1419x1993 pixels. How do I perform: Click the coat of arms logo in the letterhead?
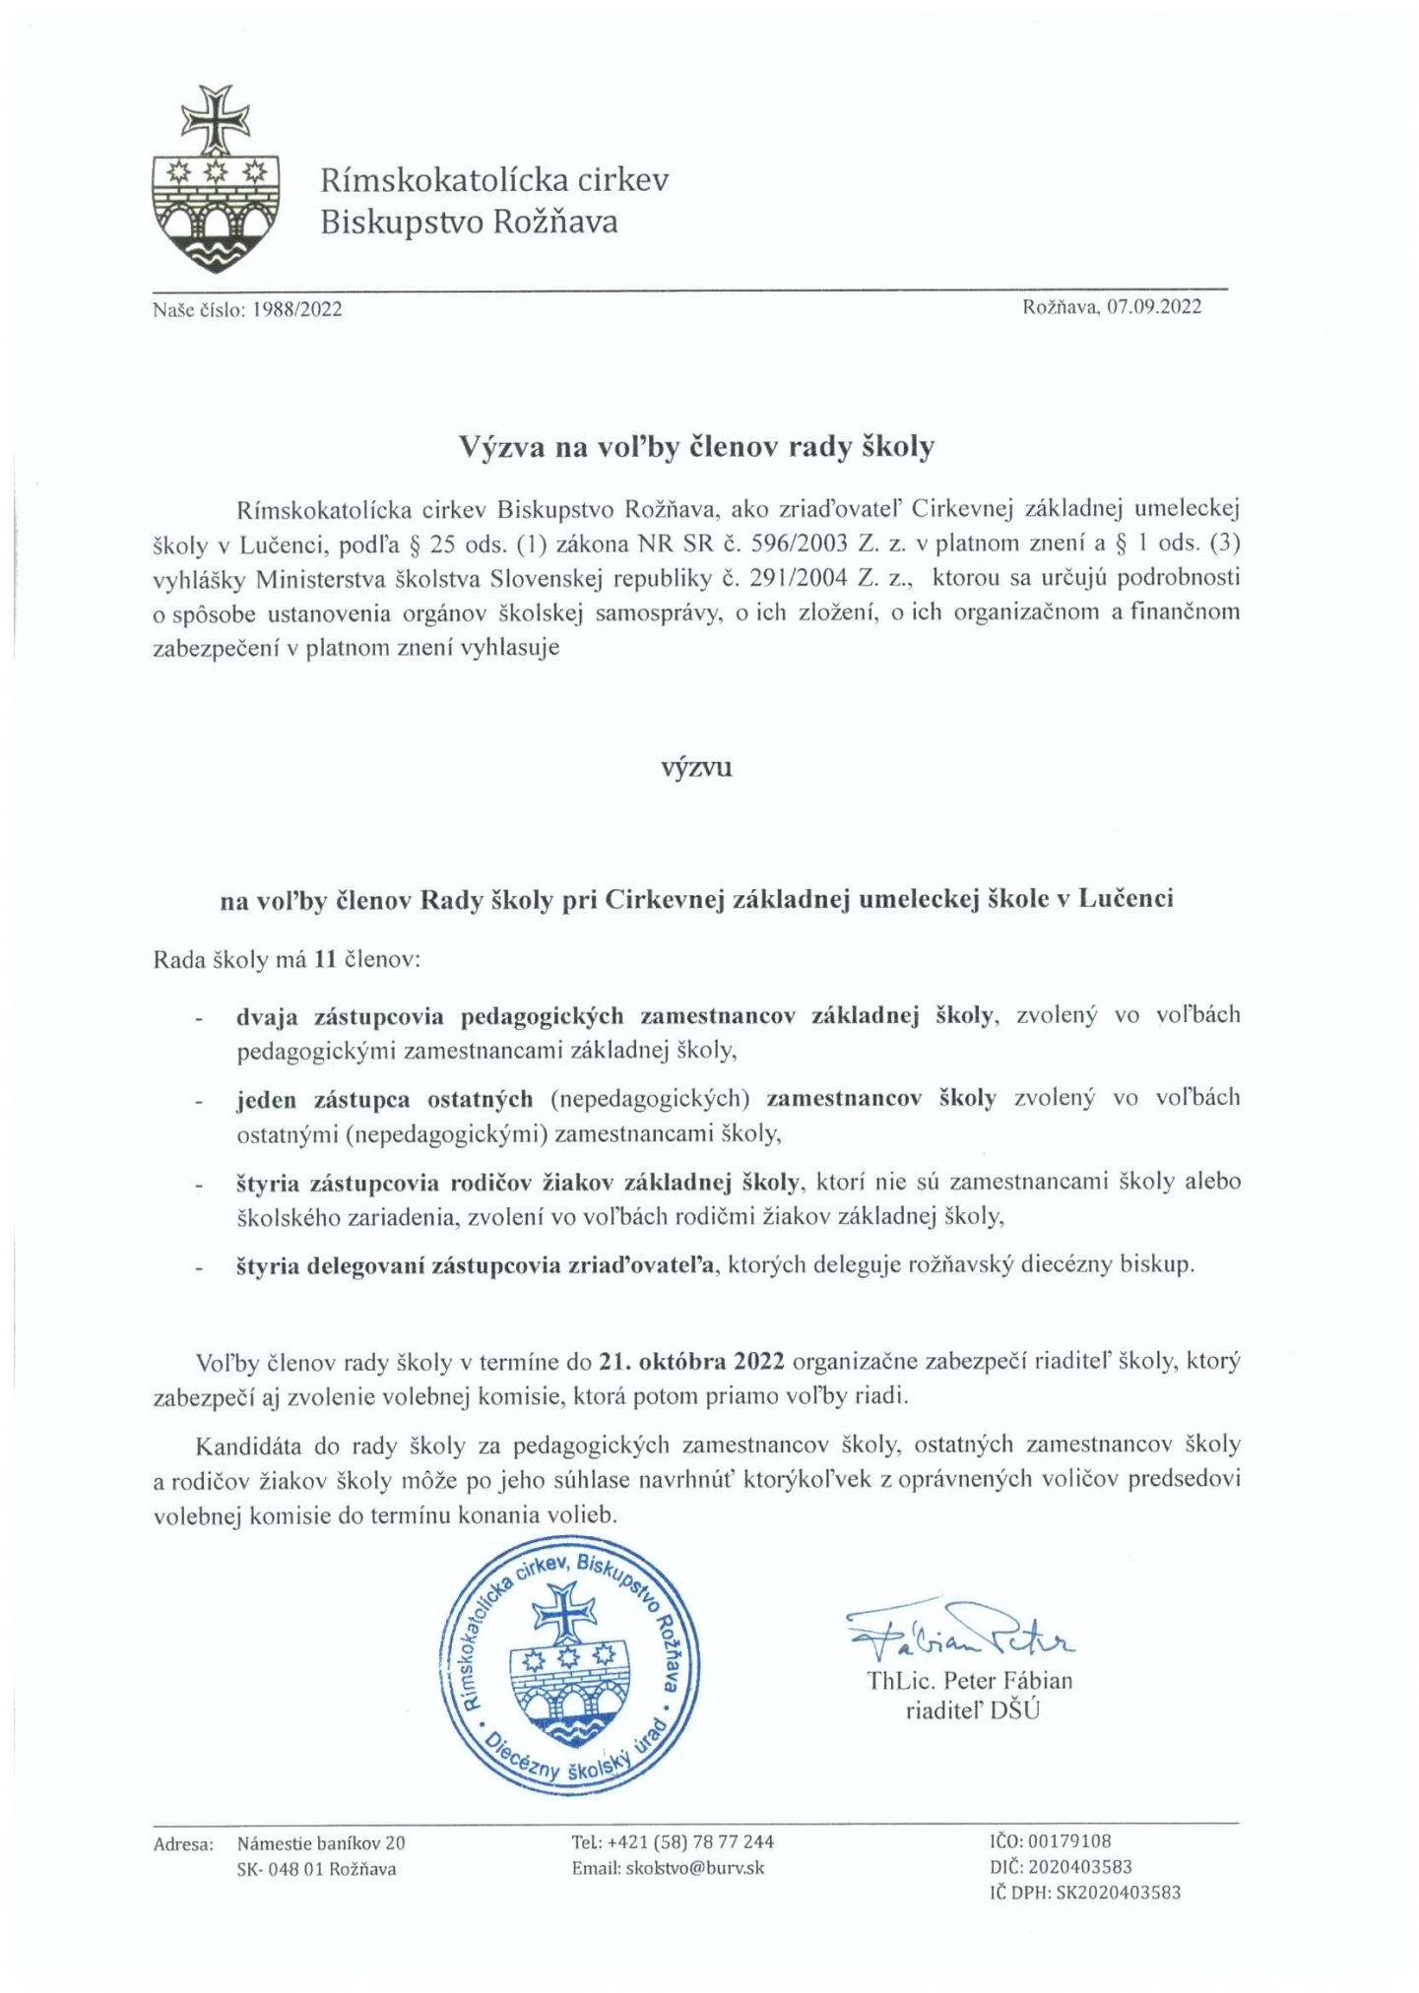[x=216, y=178]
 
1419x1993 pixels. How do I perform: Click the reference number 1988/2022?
[x=297, y=310]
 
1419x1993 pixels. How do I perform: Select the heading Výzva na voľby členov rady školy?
[x=696, y=447]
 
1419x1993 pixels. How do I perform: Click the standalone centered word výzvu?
[x=696, y=767]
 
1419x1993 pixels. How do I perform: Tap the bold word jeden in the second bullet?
[x=266, y=1098]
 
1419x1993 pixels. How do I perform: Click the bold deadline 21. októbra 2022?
[x=690, y=1362]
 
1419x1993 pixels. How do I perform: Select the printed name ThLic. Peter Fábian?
[x=969, y=1680]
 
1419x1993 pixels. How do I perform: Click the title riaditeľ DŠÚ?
[x=972, y=1710]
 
